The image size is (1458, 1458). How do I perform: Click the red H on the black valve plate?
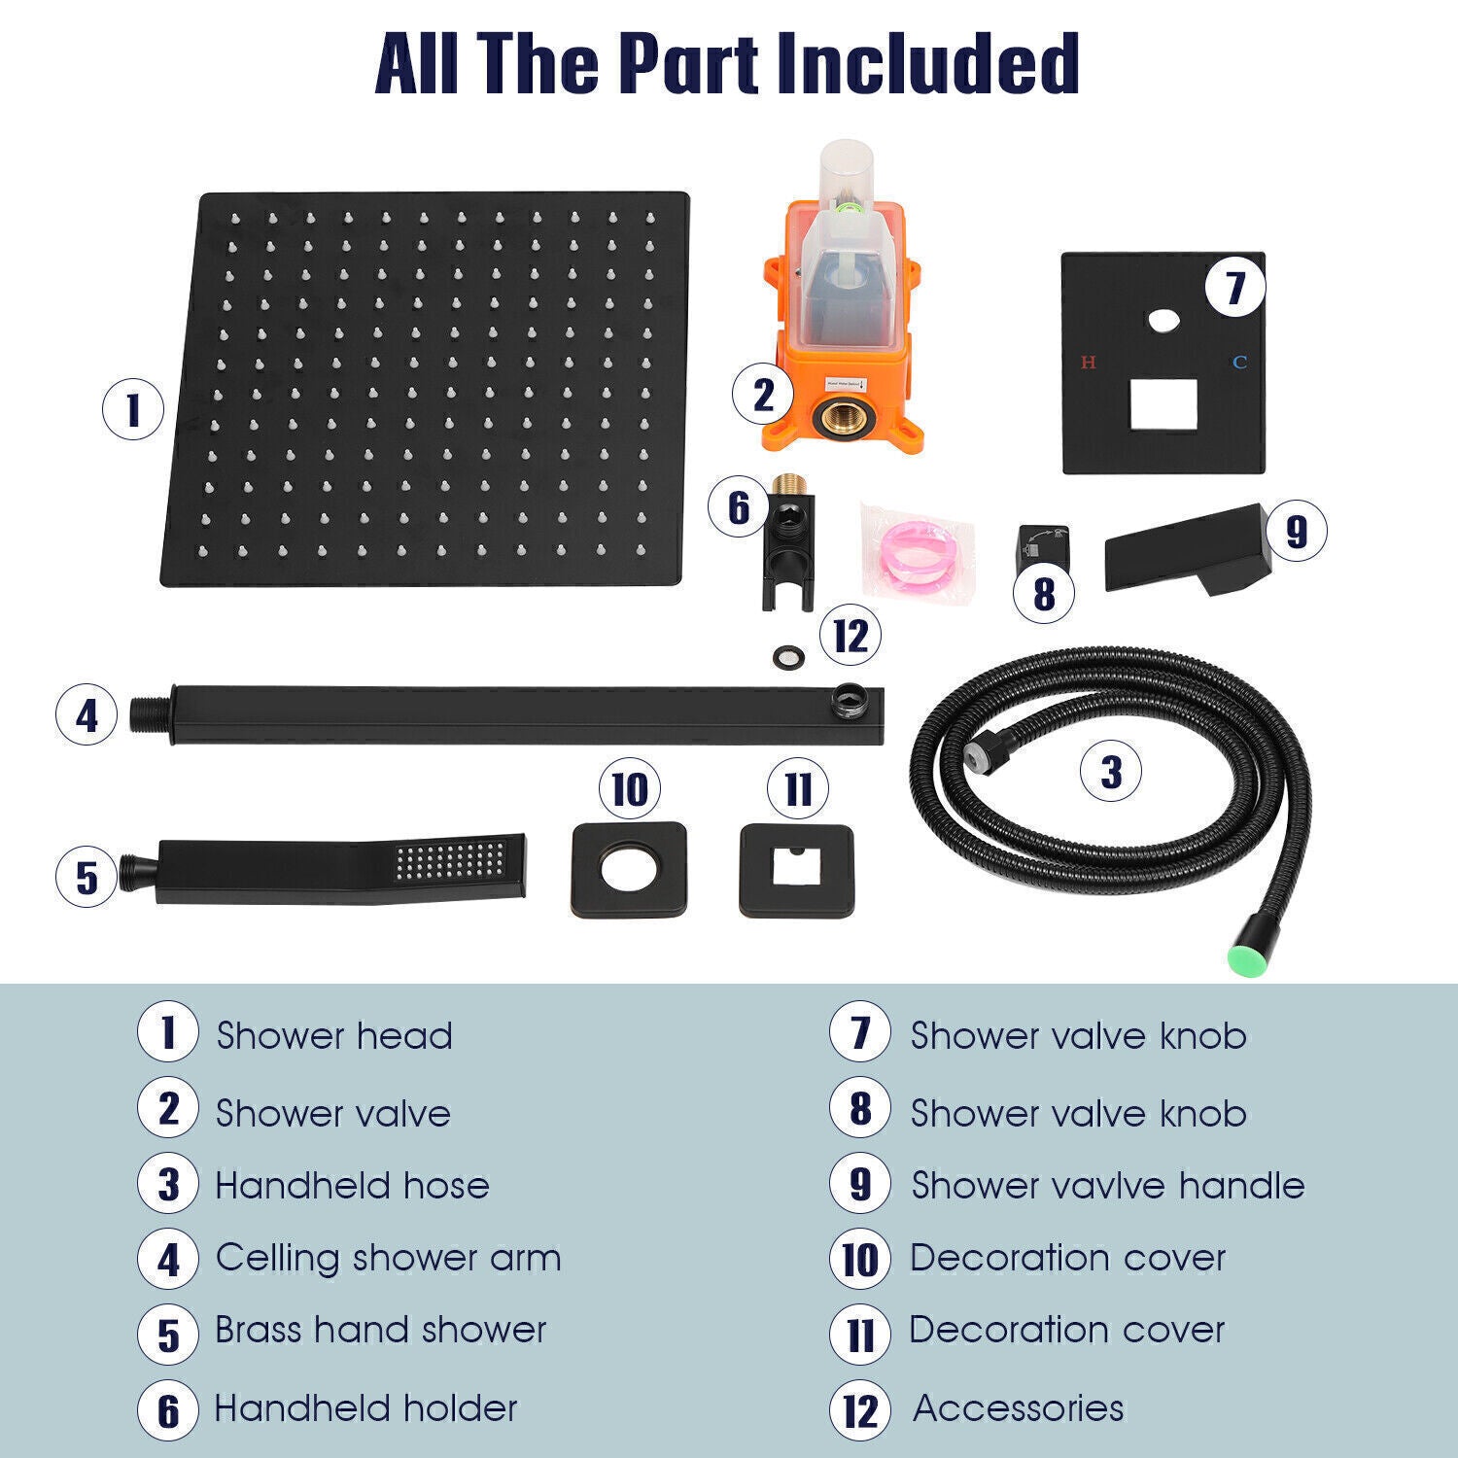pos(1089,363)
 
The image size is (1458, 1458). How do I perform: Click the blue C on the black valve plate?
pos(1239,363)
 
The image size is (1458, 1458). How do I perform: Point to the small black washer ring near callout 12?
pos(786,658)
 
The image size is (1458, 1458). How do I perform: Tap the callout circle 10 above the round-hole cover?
pos(630,789)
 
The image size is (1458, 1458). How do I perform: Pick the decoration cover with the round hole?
pos(629,870)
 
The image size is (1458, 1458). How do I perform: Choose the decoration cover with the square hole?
pos(797,871)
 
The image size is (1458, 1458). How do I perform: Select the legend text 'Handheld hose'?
pos(352,1186)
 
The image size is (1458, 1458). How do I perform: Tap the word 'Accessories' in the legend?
pos(1019,1408)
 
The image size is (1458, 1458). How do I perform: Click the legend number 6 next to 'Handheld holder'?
pos(168,1410)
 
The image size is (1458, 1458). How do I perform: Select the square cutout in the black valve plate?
pos(1163,403)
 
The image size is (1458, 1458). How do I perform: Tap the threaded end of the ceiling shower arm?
pos(150,714)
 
